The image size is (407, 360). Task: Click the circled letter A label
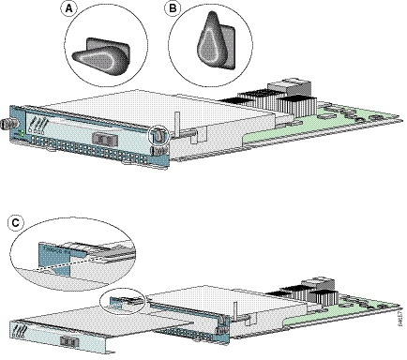(x=68, y=9)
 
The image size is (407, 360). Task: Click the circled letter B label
(x=173, y=9)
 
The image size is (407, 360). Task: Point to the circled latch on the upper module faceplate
(x=158, y=135)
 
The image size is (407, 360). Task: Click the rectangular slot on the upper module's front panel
(x=102, y=141)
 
